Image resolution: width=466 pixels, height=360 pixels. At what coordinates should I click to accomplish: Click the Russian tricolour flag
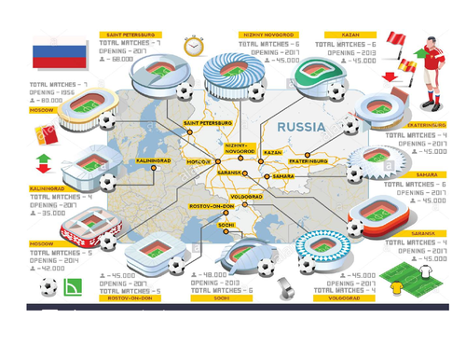click(x=57, y=56)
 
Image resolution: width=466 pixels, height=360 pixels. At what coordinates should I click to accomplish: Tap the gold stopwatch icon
click(x=194, y=46)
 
